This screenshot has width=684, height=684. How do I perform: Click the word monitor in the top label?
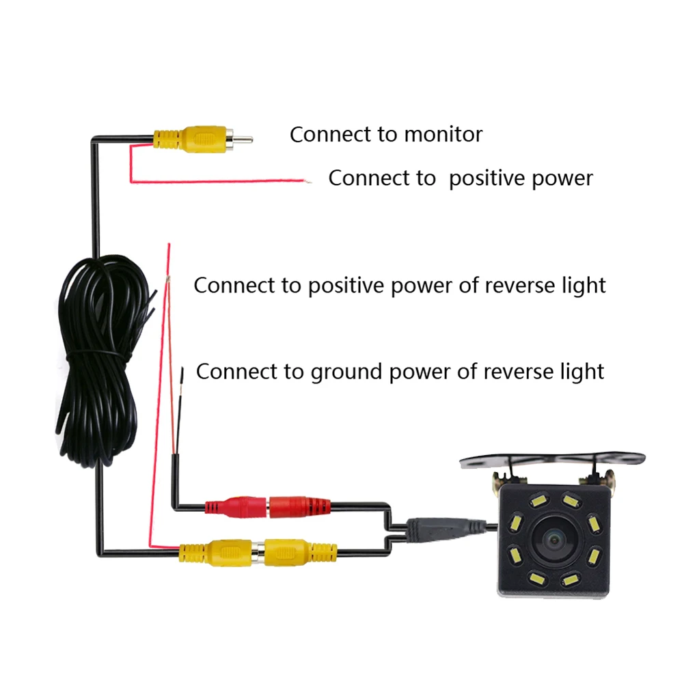click(443, 135)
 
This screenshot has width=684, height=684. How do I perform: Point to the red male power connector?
click(236, 507)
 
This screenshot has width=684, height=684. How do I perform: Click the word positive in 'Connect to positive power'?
click(487, 178)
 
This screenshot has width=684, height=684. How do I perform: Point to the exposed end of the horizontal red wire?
click(308, 181)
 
